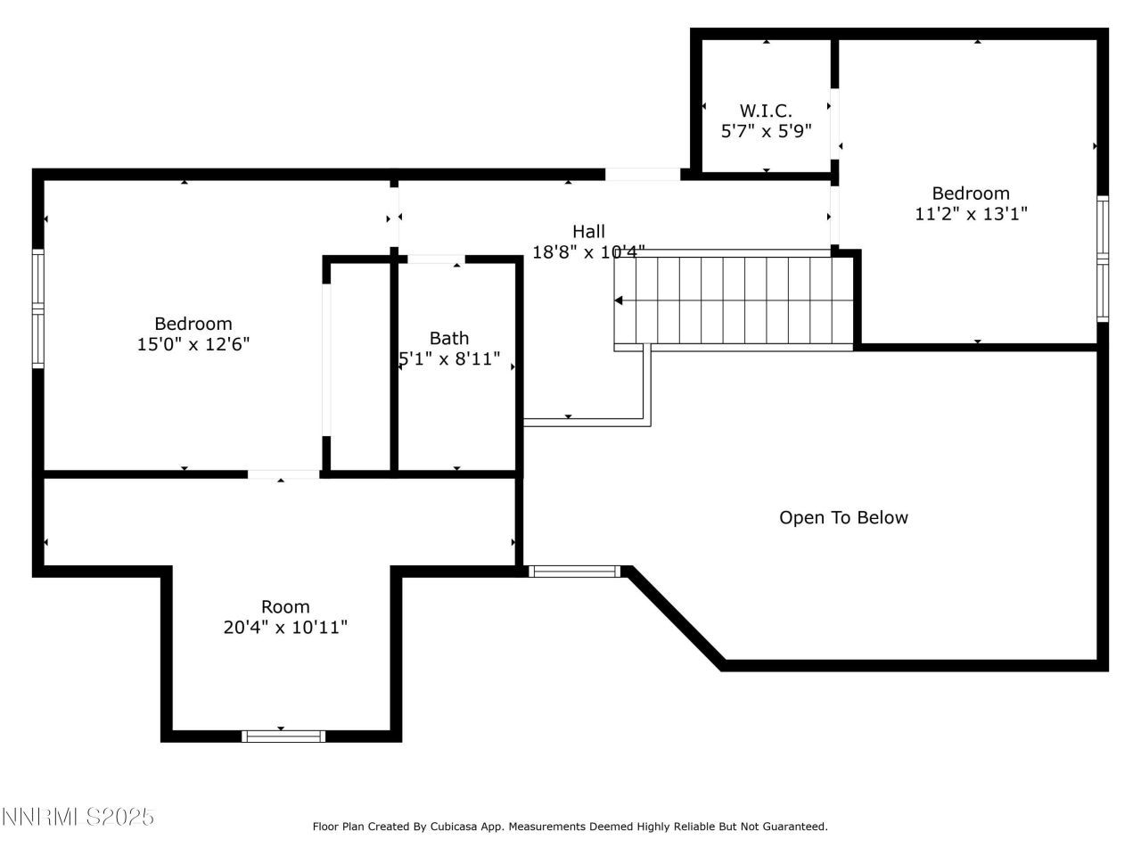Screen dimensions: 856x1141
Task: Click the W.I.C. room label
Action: [765, 111]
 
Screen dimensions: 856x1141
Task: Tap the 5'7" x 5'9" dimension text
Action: [765, 131]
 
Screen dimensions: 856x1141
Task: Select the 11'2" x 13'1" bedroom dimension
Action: [971, 214]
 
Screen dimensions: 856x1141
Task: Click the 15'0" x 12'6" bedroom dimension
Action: [193, 344]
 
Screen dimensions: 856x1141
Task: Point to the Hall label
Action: [588, 232]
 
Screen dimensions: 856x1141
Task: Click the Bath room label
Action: [449, 338]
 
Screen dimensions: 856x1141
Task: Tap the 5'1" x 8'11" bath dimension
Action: [449, 359]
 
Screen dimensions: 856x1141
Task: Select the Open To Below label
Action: [843, 518]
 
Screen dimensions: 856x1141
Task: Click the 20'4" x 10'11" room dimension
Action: [285, 628]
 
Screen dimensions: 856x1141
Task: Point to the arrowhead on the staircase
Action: [619, 300]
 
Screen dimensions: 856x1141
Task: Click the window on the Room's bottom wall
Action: [283, 736]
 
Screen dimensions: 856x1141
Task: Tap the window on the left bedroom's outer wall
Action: [38, 309]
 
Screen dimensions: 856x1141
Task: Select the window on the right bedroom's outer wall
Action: [1103, 259]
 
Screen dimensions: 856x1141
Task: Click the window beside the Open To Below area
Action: [575, 571]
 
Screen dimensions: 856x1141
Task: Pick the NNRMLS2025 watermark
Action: [78, 817]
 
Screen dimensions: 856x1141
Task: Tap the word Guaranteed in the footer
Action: [795, 827]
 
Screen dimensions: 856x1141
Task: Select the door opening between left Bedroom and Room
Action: [283, 474]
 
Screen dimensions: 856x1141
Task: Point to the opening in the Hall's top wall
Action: [642, 174]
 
